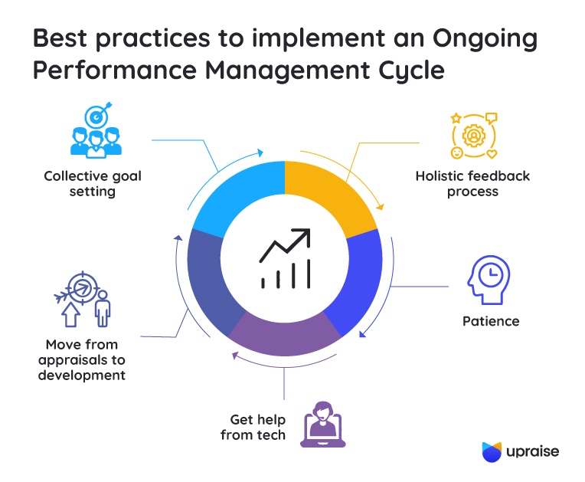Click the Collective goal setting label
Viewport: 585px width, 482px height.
coord(93,184)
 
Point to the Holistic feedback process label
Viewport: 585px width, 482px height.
coord(472,184)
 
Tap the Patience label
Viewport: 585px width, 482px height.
coord(491,321)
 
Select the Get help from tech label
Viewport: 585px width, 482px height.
coord(257,428)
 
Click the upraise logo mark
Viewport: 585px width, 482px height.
coord(492,452)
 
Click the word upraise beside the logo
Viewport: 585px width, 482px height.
coord(532,452)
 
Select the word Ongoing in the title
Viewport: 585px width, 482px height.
coord(482,38)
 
